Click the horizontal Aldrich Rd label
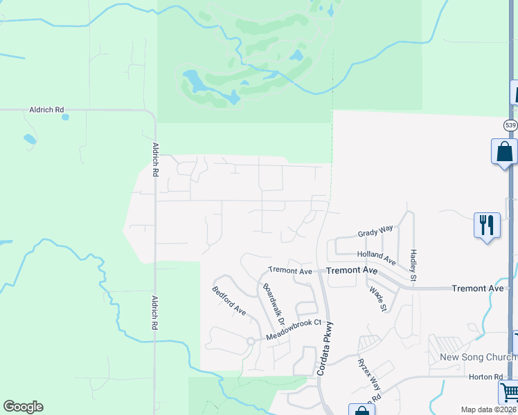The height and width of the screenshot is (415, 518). [x=46, y=109]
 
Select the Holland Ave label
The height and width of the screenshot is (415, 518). [x=376, y=257]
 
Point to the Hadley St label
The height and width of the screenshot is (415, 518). [x=413, y=265]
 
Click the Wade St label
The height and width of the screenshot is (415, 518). [x=377, y=299]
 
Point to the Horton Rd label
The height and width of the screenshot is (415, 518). [x=489, y=376]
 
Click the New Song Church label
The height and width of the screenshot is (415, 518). [x=478, y=357]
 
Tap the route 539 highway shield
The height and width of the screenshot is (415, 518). [x=510, y=125]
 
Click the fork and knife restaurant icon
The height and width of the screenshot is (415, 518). [x=487, y=225]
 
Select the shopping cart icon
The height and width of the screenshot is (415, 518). [x=509, y=392]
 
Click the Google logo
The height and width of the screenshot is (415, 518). [x=23, y=407]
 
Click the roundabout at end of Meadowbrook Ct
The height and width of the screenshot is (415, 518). [x=250, y=341]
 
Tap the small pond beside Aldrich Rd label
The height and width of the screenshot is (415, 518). [x=65, y=117]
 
